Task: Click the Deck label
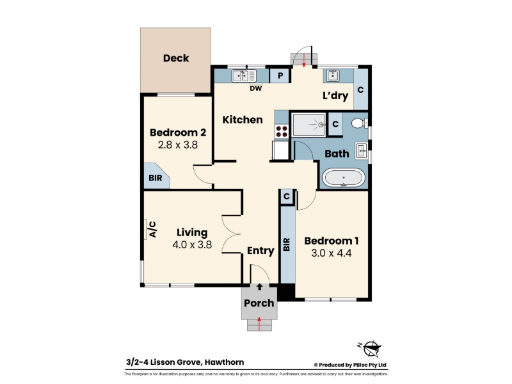(176, 58)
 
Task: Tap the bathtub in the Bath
(343, 178)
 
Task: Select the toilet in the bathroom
(359, 123)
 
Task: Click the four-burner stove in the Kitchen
(282, 131)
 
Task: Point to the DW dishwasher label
(255, 88)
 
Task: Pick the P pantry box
(280, 76)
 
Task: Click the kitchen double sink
(244, 76)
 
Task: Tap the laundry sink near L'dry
(332, 76)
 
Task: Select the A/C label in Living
(152, 229)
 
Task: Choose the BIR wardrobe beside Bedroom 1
(287, 244)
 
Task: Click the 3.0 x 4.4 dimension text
(332, 253)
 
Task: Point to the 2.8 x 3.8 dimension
(178, 145)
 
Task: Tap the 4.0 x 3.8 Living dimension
(192, 244)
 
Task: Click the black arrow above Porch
(260, 287)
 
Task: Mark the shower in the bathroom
(309, 124)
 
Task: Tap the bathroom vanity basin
(361, 151)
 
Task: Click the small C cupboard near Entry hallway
(287, 196)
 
